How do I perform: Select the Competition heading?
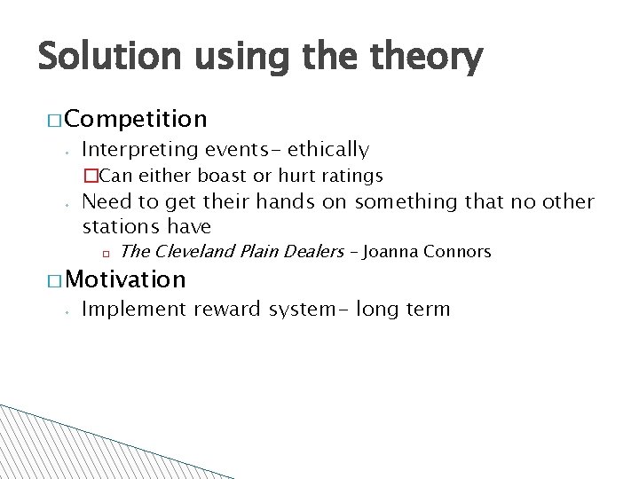pos(136,118)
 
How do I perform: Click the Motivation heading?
pos(125,279)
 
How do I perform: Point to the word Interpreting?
pos(138,149)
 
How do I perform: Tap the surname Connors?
pos(457,252)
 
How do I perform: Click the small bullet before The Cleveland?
pos(104,253)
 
